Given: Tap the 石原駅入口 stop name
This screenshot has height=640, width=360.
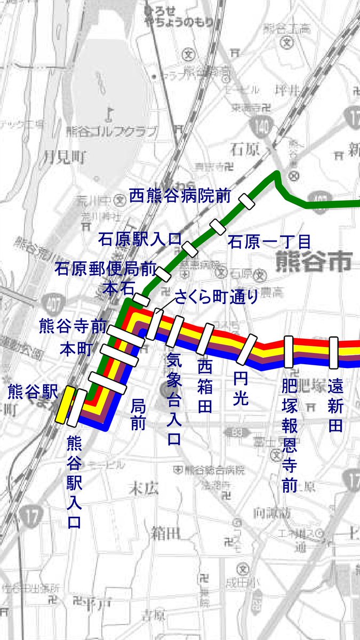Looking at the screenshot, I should pos(140,239).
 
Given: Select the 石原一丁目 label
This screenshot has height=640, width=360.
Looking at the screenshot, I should pos(269,242).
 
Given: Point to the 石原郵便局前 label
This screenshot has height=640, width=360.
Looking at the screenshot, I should pos(106,268).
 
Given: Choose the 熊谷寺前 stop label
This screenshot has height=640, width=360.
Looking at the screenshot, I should pos(73,326).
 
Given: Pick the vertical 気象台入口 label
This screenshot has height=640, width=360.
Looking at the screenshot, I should pos(174,398).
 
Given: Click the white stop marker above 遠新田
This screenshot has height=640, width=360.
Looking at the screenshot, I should pos(334,352).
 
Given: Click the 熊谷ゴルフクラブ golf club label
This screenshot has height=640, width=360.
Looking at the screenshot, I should pos(112,131).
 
